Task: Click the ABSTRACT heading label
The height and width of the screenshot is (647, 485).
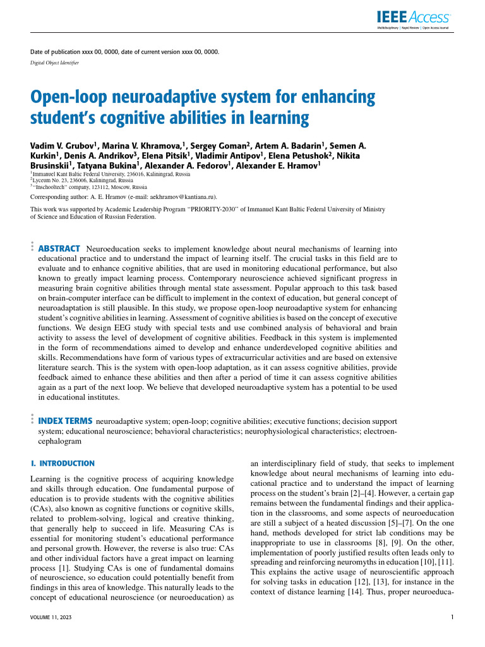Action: (x=59, y=248)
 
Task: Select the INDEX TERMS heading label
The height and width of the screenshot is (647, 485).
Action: (x=66, y=420)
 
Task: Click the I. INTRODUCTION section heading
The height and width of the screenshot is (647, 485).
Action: (x=63, y=463)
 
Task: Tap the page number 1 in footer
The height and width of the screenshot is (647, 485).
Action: (x=453, y=617)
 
